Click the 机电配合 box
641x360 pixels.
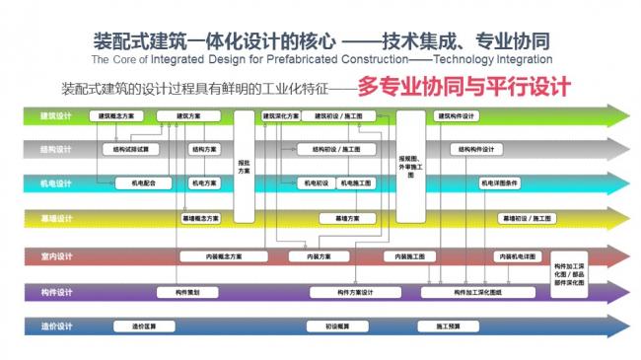(x=130, y=183)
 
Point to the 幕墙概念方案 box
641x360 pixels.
(x=201, y=217)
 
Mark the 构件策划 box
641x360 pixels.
(x=186, y=292)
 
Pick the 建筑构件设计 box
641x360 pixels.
(x=455, y=116)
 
